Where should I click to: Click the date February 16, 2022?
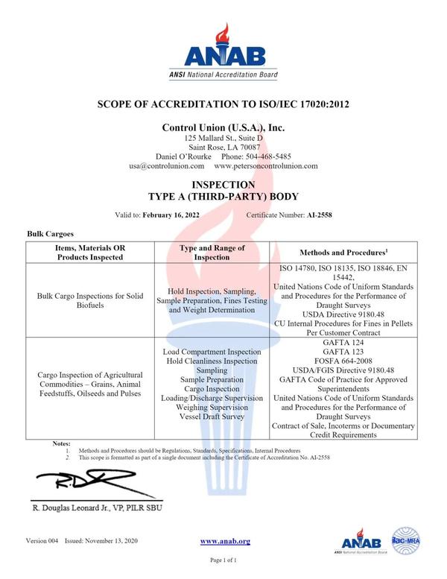point(185,215)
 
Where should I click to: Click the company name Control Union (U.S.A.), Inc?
point(223,128)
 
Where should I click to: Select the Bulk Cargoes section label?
point(51,233)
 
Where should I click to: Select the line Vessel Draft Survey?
point(212,417)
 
